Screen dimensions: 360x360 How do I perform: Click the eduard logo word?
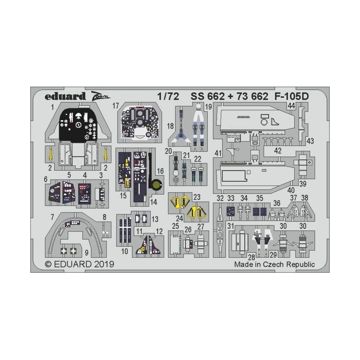(65, 97)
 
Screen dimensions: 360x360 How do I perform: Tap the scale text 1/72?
(168, 97)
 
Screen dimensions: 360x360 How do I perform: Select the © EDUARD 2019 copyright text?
(79, 264)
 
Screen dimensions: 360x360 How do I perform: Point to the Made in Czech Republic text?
(274, 264)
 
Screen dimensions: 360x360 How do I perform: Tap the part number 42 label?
(278, 151)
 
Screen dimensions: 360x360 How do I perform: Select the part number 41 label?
(218, 153)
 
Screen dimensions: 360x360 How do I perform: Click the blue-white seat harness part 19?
(198, 126)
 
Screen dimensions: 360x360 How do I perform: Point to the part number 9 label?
(86, 253)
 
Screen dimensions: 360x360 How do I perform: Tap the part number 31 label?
(230, 226)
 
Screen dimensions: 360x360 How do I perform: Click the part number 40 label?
(291, 190)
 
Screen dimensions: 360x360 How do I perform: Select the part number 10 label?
(124, 251)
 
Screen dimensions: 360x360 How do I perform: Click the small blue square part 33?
(230, 211)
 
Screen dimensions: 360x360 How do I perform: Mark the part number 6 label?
(46, 179)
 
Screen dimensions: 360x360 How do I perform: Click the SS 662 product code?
(207, 97)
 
